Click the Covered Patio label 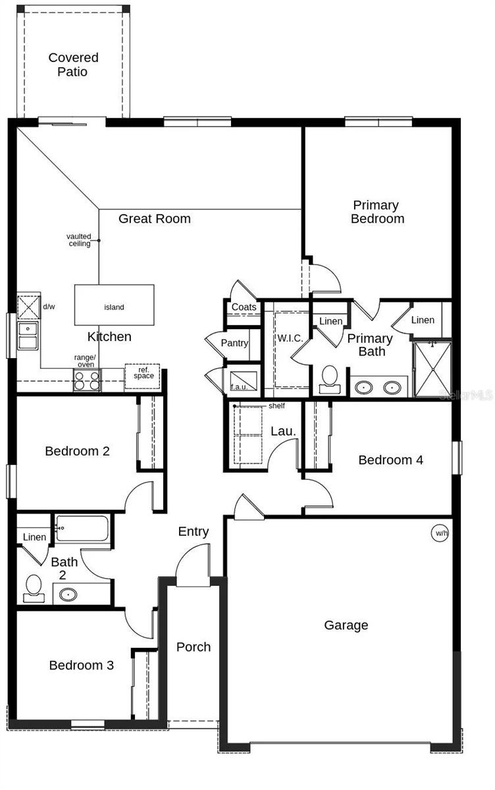point(72,65)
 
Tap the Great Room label point(154,219)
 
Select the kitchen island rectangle point(114,306)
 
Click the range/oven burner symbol point(86,381)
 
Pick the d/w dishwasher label point(49,307)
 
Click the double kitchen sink point(28,335)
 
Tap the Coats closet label point(244,307)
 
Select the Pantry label point(234,343)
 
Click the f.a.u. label point(239,387)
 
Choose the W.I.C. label point(290,338)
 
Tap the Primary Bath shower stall point(432,369)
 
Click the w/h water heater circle point(440,533)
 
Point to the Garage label point(346,625)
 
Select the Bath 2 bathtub point(83,528)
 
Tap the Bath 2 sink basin point(68,594)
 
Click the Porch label point(194,647)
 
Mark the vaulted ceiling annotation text point(79,240)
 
